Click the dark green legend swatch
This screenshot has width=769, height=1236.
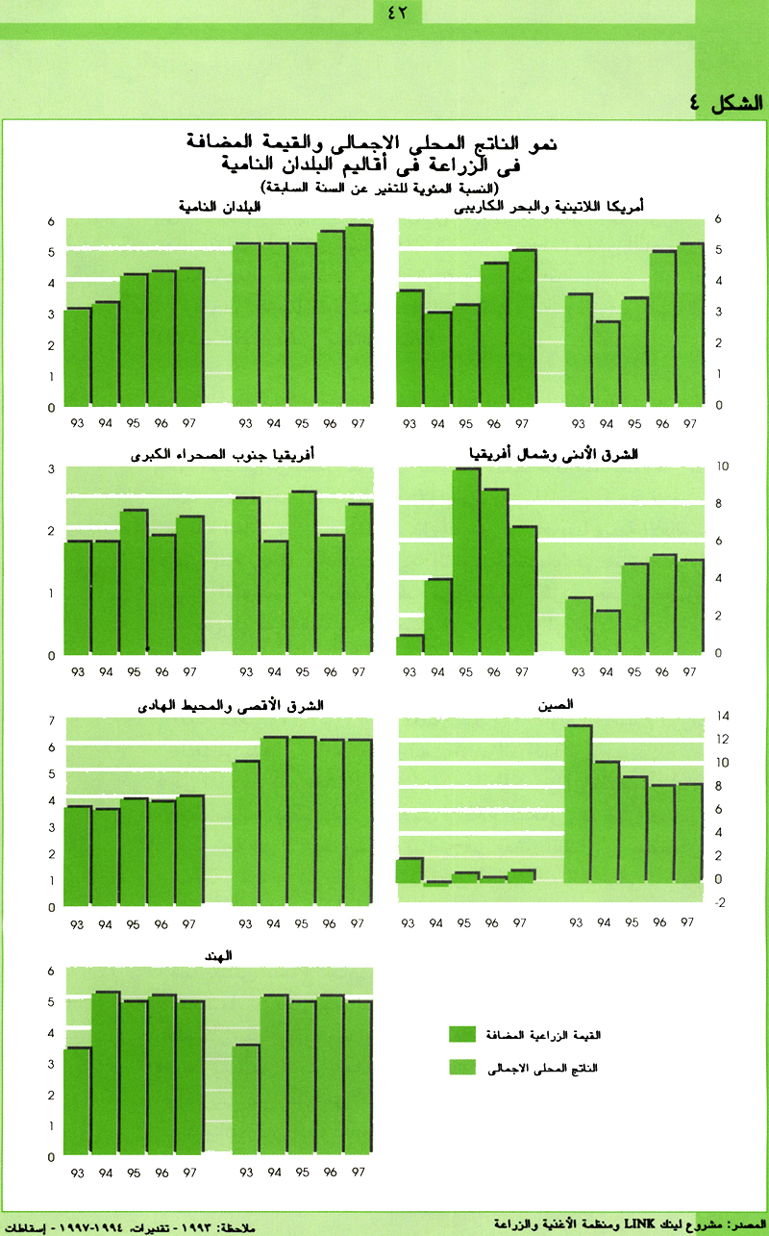[468, 1034]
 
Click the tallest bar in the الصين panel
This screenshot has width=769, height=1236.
[578, 803]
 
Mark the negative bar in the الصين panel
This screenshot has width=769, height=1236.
[438, 883]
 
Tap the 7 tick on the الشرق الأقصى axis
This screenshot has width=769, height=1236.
[49, 720]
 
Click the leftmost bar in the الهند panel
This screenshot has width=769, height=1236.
[77, 1101]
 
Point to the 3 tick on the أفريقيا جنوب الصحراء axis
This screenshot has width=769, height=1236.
[49, 468]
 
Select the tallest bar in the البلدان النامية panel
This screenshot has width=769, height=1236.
[359, 315]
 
